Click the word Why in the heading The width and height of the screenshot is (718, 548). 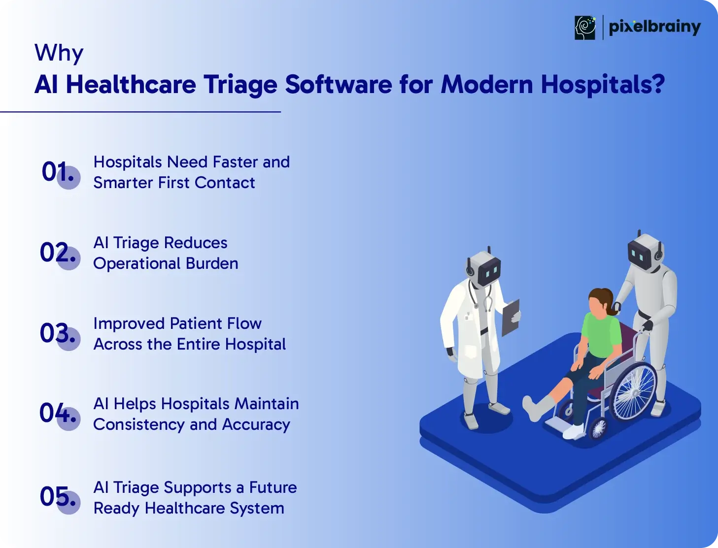[59, 53]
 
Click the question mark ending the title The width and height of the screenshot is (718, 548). [657, 83]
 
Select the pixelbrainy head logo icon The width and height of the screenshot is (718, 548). [585, 28]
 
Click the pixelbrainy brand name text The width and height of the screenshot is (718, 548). [654, 28]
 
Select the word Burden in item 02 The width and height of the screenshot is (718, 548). [212, 263]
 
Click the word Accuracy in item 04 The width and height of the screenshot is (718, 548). [256, 425]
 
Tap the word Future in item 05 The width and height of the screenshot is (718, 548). [273, 487]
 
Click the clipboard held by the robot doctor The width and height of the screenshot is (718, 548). [511, 317]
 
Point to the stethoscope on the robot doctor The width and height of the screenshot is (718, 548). [480, 296]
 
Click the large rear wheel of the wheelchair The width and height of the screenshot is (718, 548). [633, 392]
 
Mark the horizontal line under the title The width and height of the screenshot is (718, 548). [140, 112]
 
